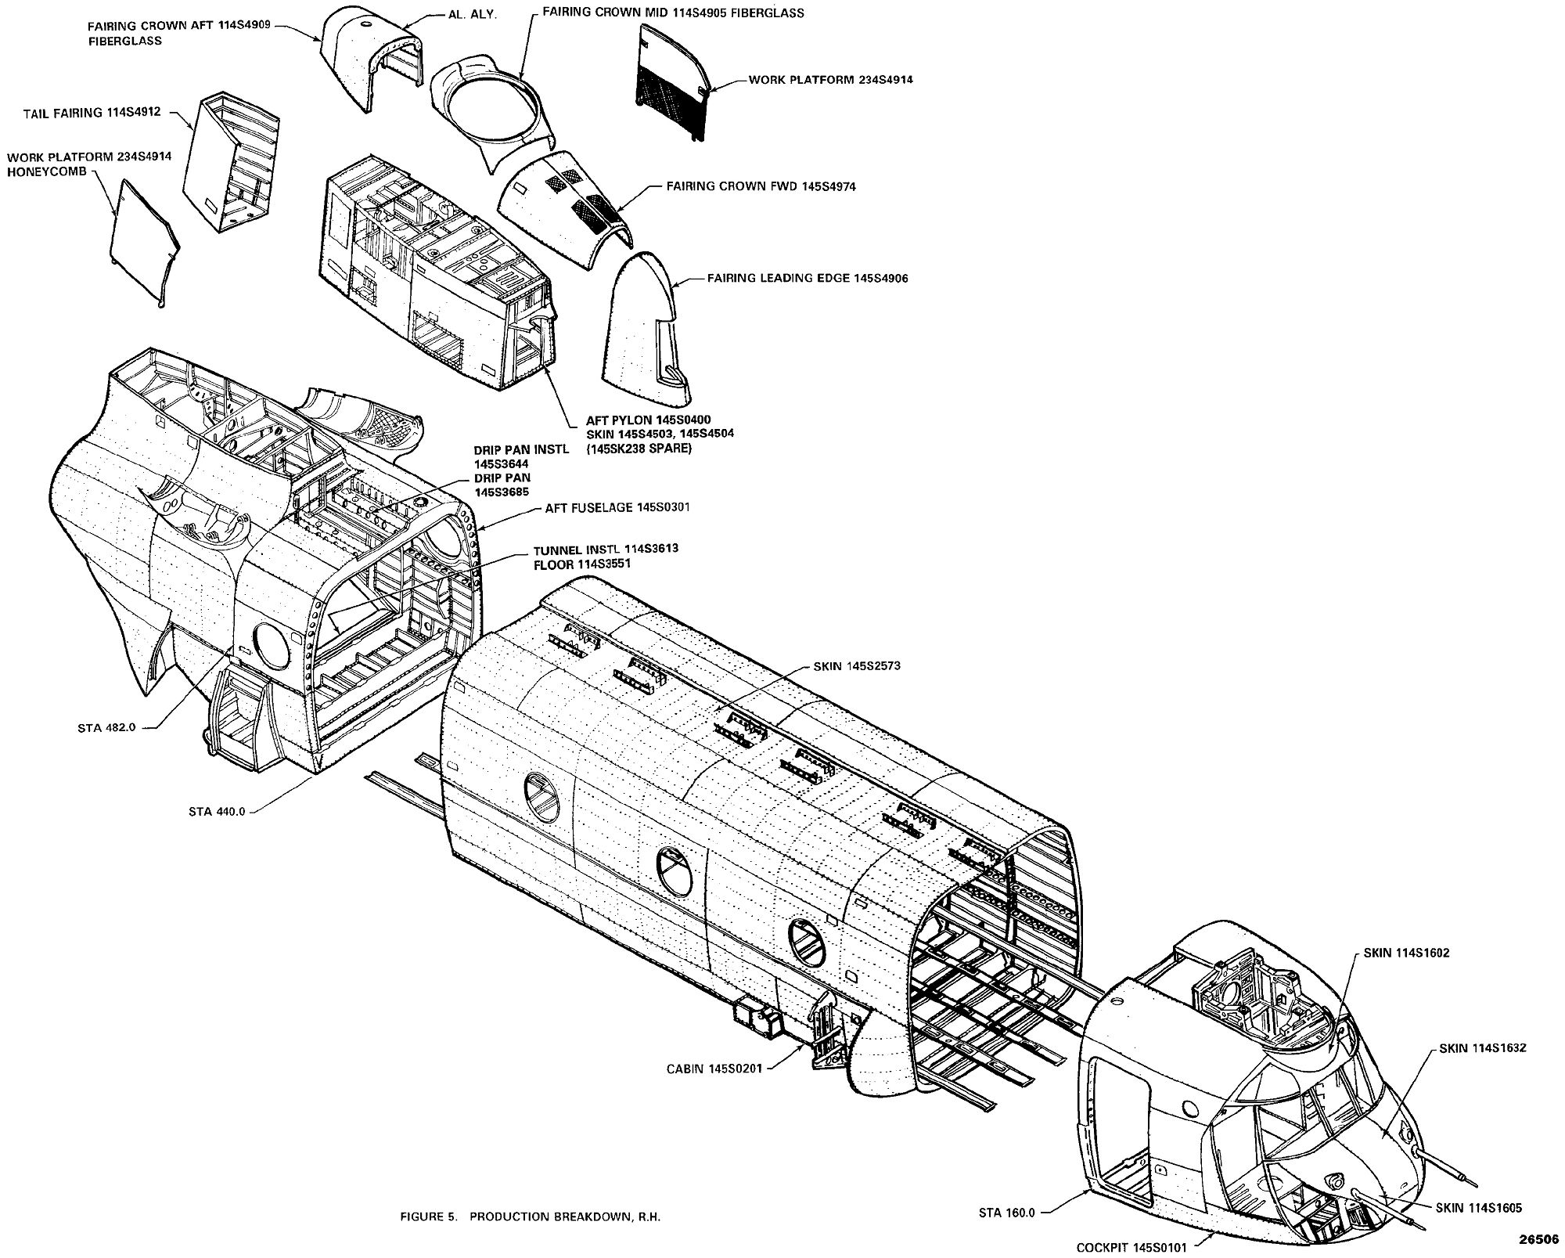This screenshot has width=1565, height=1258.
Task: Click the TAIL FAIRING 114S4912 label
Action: [x=92, y=113]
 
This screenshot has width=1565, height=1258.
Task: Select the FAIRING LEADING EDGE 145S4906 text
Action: [x=807, y=278]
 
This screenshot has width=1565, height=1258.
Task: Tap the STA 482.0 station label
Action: [x=106, y=726]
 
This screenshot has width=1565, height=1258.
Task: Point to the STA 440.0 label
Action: [x=217, y=812]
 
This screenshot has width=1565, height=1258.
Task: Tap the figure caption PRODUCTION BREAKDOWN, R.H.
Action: [x=534, y=1217]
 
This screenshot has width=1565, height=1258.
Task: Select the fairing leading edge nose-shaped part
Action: [x=643, y=329]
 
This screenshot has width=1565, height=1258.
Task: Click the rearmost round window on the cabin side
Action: [x=541, y=796]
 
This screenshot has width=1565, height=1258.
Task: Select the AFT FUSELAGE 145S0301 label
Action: [x=617, y=507]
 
